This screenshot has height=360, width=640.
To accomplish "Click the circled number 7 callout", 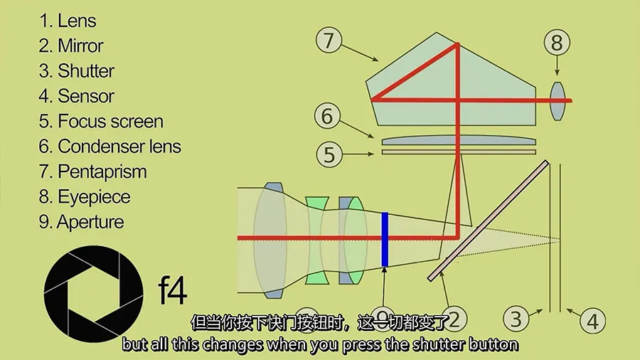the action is click(329, 40).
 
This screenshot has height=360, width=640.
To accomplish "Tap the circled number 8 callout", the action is click(557, 43).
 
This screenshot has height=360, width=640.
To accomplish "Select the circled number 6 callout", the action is click(327, 117).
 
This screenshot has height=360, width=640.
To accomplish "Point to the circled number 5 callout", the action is click(329, 154).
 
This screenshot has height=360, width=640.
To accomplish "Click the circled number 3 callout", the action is click(516, 319).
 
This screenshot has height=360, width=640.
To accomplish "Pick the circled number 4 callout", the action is click(592, 321).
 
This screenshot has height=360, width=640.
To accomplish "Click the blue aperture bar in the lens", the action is click(385, 239).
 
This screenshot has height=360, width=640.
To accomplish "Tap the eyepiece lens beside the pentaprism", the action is click(558, 101).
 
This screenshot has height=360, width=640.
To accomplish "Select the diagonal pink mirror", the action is click(488, 221).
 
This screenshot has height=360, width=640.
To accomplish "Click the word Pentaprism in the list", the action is click(102, 171).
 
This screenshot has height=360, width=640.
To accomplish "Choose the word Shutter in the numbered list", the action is click(86, 71).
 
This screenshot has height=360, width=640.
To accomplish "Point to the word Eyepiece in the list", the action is click(94, 197).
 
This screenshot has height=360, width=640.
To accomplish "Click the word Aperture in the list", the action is click(90, 222).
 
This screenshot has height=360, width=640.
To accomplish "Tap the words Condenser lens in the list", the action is click(119, 147).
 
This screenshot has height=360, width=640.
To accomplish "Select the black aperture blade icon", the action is click(93, 294).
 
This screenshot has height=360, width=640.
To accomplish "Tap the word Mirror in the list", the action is click(80, 46).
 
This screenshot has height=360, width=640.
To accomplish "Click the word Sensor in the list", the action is click(86, 96).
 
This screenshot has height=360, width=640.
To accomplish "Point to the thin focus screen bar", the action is click(459, 152).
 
